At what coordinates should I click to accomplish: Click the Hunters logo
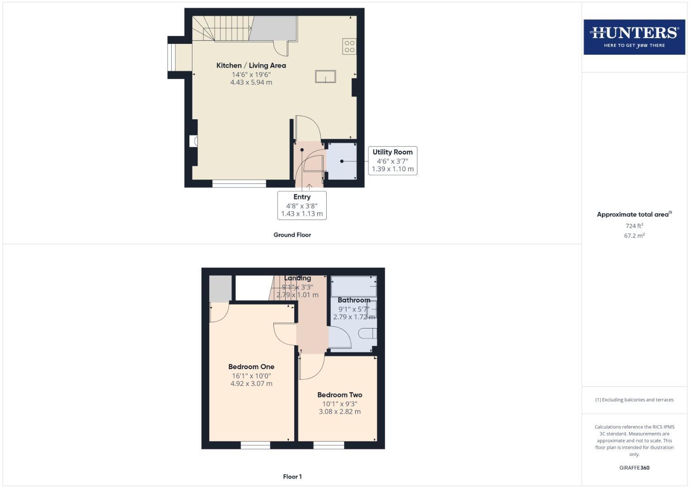point(634,37)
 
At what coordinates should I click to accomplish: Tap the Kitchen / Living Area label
point(251,66)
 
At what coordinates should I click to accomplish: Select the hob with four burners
point(349,47)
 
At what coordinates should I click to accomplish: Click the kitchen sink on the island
point(325,77)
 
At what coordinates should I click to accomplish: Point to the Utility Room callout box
point(392,160)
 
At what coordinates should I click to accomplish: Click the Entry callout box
point(302,205)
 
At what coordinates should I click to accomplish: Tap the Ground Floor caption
point(292,235)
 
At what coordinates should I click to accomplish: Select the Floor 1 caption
point(292,477)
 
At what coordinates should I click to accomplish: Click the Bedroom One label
point(251,367)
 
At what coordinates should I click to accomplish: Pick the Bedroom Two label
point(339,395)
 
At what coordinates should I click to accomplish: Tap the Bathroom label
point(354,300)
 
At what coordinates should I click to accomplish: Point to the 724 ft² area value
point(634,226)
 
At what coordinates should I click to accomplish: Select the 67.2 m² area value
point(634,236)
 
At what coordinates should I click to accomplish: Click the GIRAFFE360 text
point(634,468)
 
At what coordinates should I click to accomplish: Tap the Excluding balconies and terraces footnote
point(634,400)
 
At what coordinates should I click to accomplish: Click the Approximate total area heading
point(634,215)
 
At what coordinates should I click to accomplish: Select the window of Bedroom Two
point(329,446)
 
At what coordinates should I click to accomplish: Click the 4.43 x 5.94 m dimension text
point(251,83)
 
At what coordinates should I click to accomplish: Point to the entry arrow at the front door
point(309,186)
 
